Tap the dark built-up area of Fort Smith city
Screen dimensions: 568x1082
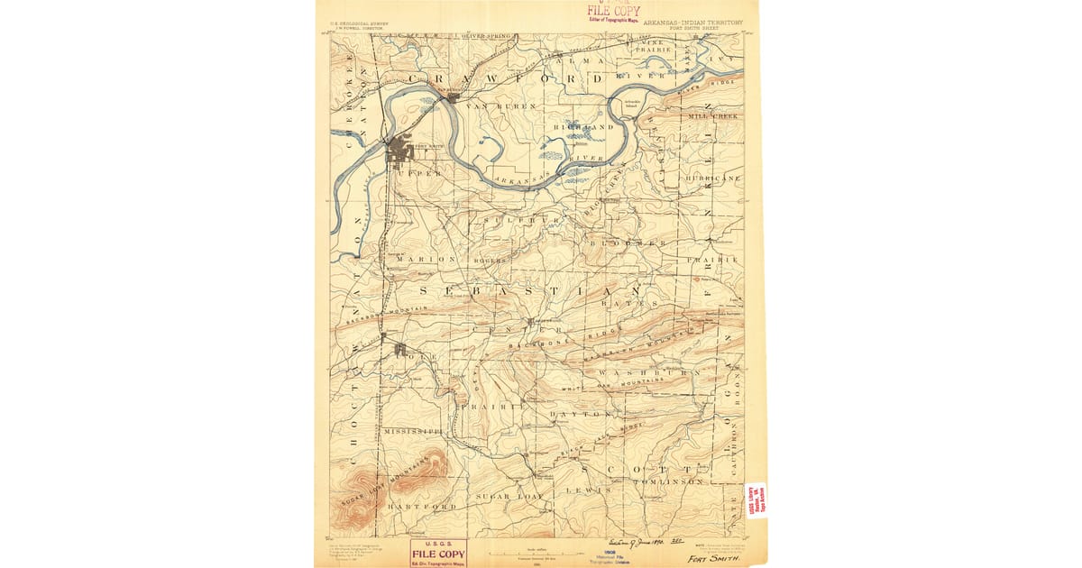point(400,151)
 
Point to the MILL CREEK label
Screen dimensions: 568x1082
point(712,116)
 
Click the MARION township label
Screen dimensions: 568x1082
point(426,260)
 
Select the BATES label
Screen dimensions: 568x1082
point(637,305)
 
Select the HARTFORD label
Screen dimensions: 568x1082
point(421,507)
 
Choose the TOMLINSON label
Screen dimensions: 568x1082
point(667,482)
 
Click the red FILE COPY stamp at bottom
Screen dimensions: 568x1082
point(438,553)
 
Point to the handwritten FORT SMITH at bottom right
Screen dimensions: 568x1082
point(712,558)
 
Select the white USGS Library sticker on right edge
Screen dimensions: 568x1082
point(756,499)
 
